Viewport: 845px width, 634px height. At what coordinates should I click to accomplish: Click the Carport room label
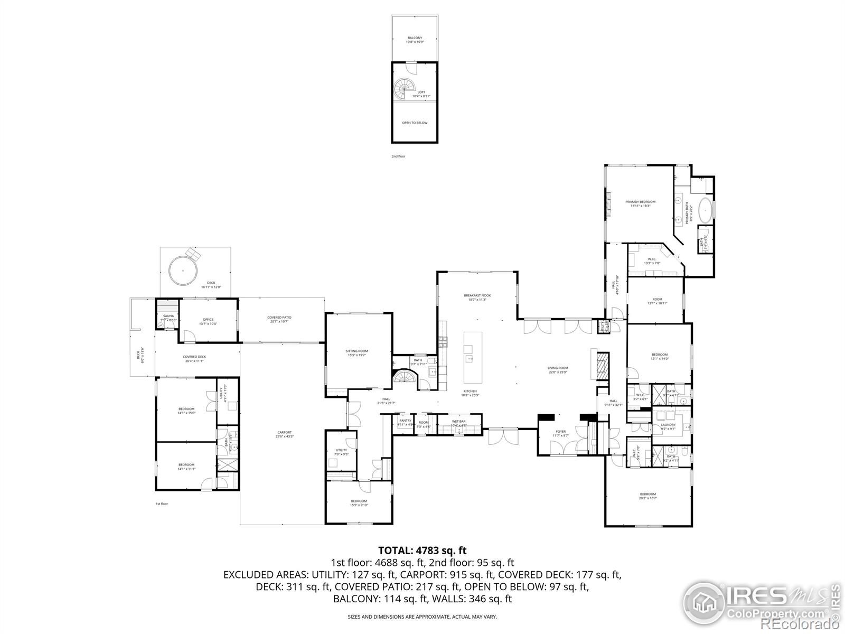(x=284, y=434)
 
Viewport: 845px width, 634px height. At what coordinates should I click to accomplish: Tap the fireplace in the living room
(x=602, y=363)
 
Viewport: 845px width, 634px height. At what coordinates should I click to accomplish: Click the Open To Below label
(x=415, y=123)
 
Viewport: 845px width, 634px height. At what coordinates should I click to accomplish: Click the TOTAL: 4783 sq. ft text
(x=422, y=551)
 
